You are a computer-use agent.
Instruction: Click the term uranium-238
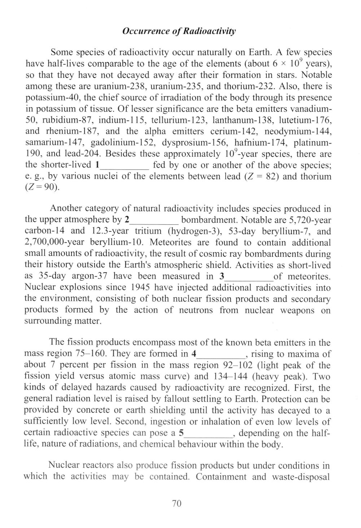(x=123, y=87)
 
